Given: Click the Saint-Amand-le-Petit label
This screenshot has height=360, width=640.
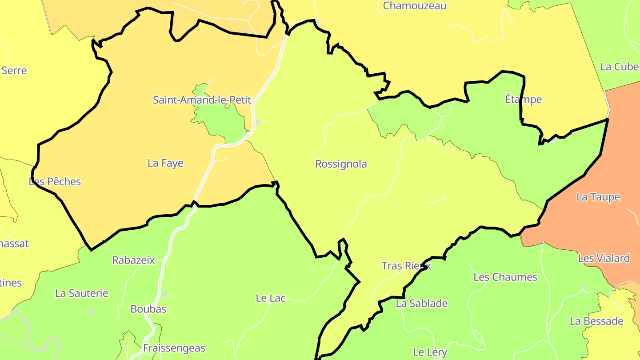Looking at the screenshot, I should coord(202,100).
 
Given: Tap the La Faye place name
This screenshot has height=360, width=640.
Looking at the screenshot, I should coord(165,163).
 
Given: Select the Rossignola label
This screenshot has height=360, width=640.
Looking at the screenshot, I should coord(341,164).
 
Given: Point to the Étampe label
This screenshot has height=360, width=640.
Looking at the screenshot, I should coord(524,99).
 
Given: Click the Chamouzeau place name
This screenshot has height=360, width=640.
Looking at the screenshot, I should coord(414,6).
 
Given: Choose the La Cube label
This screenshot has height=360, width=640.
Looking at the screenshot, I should coord(619,67).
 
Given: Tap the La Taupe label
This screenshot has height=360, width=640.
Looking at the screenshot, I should coord(598,197).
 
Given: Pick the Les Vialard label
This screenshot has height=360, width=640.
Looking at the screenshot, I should coord(604,258).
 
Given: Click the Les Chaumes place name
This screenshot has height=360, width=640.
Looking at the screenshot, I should coord(505,277).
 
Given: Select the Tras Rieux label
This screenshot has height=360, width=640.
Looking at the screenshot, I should coord(406,266).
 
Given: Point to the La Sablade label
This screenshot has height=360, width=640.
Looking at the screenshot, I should coord(421,304).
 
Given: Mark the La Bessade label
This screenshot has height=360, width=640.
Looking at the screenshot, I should coord(596,321).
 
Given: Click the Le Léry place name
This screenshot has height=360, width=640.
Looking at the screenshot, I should coord(430,352).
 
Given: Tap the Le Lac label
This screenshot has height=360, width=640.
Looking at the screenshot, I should coord(270,298).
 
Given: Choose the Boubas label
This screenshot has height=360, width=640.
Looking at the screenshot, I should coord(148,309).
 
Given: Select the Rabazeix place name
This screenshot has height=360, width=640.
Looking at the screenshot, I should coord(133,260).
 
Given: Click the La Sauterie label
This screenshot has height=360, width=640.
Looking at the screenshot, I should coord(81,293).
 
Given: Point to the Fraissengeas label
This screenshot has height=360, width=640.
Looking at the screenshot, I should coord(174,348).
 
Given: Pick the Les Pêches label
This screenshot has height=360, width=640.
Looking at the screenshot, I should coord(55,181).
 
